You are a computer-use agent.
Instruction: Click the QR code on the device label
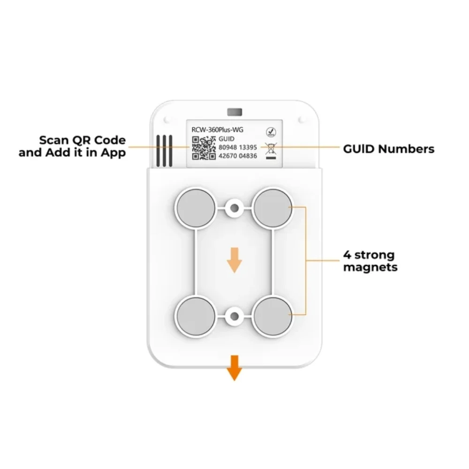click(204, 148)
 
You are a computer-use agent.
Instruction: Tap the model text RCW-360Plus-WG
click(218, 130)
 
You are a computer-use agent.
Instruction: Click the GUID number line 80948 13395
click(238, 147)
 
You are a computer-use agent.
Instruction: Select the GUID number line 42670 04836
click(238, 156)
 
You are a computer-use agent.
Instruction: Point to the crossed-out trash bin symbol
click(271, 151)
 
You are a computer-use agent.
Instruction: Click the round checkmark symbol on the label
click(271, 132)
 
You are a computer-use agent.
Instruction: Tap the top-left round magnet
click(196, 208)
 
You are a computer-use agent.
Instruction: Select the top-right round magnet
click(273, 208)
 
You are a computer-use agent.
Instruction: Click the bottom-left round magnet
click(196, 316)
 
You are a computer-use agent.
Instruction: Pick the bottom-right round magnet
click(273, 316)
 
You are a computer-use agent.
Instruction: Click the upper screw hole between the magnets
click(234, 208)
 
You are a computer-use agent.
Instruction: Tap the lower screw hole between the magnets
click(234, 316)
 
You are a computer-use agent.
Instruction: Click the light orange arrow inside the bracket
click(234, 260)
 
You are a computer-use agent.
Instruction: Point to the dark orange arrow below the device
click(234, 368)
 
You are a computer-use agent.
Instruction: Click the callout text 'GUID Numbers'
click(388, 149)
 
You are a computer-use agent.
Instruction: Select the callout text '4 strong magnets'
click(371, 261)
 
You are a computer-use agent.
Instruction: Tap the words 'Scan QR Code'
click(82, 140)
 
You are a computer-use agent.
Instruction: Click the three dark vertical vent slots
click(164, 151)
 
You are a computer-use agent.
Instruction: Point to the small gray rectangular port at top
click(234, 112)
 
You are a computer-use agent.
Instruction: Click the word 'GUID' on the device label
click(227, 139)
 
